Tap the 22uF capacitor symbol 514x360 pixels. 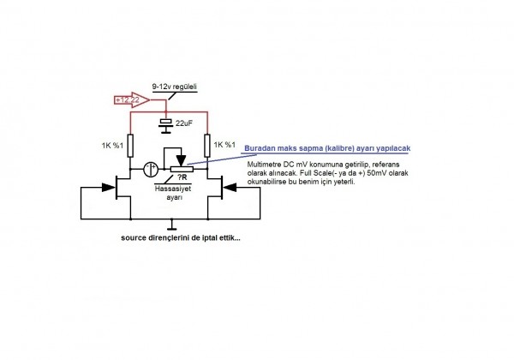pos(167,123)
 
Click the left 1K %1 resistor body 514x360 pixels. pos(130,144)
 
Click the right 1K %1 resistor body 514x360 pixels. pos(206,144)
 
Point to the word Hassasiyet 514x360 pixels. pos(174,188)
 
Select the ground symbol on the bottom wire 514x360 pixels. pos(172,226)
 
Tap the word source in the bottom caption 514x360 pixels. pos(137,238)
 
